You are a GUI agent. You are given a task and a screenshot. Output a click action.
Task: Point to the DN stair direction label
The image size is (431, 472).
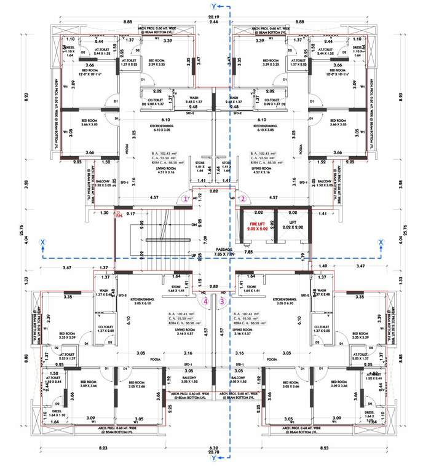[194, 226]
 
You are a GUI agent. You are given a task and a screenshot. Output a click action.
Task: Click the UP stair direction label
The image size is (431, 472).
[194, 255]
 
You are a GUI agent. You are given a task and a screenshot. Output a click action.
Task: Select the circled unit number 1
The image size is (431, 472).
[186, 199]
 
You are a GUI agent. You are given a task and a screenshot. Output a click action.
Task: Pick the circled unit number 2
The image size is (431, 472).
[242, 199]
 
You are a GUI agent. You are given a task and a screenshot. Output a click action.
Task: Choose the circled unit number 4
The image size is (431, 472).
[206, 301]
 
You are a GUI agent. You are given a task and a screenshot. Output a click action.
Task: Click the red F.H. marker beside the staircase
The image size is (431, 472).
[119, 214]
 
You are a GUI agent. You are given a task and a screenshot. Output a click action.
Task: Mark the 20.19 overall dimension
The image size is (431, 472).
[213, 17]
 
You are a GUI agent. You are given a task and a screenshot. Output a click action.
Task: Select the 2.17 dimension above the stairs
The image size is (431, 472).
[131, 213]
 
